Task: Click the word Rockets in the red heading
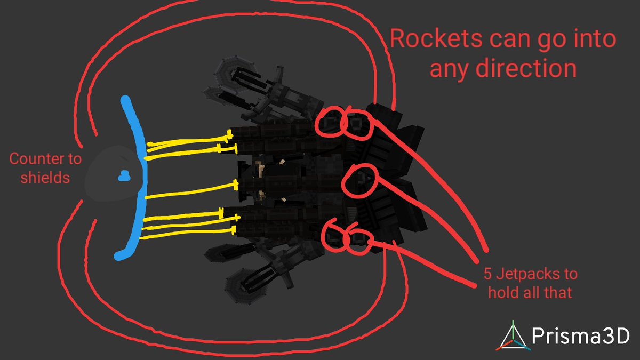click(436, 38)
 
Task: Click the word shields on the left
click(45, 178)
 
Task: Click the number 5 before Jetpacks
click(487, 274)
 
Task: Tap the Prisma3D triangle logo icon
click(513, 336)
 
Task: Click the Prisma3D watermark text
click(581, 336)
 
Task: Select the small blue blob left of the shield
click(124, 176)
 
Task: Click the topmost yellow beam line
click(189, 141)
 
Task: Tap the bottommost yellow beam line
click(188, 233)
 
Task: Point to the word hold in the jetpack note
click(503, 293)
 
